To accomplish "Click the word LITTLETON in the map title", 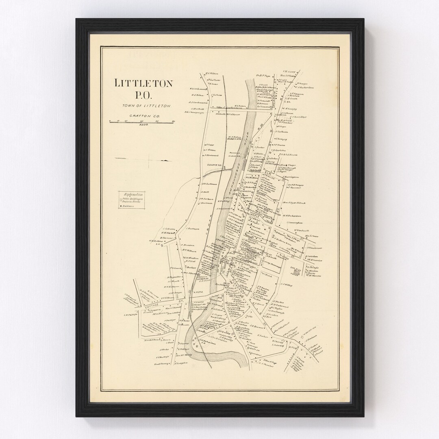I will click(x=144, y=83).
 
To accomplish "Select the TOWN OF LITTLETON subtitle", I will click(x=145, y=106).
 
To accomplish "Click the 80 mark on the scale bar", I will click(x=173, y=121).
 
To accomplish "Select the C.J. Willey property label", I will click(x=287, y=285).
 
